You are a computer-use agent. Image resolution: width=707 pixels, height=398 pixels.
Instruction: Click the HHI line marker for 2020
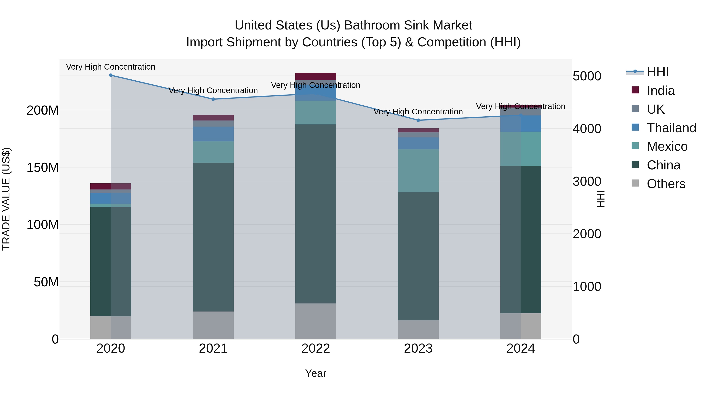[x=111, y=75]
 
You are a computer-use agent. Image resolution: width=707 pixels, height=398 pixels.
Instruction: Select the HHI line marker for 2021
[x=213, y=99]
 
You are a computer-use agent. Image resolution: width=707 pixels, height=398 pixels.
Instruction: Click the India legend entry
[x=660, y=91]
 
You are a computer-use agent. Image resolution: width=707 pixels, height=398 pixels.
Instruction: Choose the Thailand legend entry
[x=671, y=128]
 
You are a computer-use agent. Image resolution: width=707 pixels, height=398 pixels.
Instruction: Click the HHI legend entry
[x=657, y=72]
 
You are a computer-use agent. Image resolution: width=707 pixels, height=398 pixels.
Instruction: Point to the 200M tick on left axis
[x=43, y=110]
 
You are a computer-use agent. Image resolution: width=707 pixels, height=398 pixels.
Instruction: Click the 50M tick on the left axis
[x=46, y=282]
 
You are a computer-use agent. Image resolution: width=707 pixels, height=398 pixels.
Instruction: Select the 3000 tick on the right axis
[x=587, y=181]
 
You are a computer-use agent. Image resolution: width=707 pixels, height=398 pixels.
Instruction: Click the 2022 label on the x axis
[x=316, y=348]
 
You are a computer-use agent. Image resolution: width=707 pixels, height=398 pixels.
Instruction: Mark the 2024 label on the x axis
[x=520, y=348]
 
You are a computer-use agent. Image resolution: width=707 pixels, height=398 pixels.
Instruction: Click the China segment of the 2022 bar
[x=316, y=214]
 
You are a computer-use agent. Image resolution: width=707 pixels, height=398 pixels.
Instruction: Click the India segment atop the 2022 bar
[x=316, y=76]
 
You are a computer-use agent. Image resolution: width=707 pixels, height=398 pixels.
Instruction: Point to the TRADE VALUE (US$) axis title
[x=6, y=199]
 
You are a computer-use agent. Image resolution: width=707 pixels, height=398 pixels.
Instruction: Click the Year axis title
[x=316, y=373]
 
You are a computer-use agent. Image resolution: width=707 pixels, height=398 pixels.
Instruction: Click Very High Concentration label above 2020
[x=111, y=67]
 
